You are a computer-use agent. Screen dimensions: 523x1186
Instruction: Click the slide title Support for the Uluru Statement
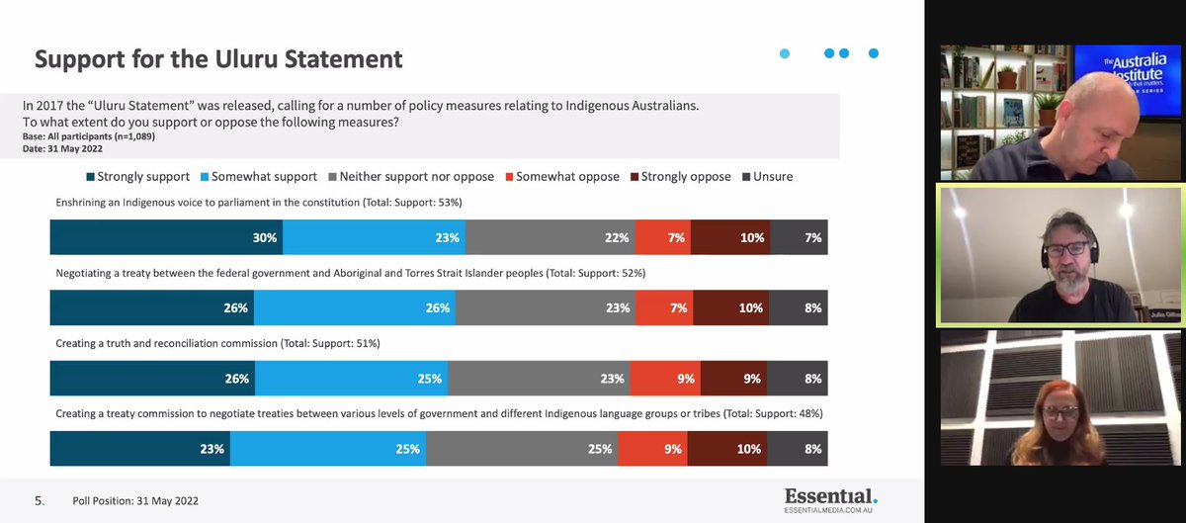click(x=218, y=59)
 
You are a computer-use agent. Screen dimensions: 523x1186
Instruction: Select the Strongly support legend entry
click(x=144, y=177)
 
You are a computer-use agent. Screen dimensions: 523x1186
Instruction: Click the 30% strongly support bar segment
click(x=166, y=238)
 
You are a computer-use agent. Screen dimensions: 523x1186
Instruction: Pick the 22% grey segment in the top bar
click(x=550, y=238)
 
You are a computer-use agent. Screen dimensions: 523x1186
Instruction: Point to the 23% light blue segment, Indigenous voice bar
click(x=374, y=238)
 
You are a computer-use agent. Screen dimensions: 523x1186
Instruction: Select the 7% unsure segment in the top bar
click(x=799, y=238)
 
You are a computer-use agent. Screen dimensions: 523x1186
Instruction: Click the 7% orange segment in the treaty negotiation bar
click(x=662, y=307)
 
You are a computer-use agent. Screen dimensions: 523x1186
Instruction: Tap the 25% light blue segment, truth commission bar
click(x=351, y=378)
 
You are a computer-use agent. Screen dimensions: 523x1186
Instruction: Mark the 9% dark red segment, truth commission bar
click(x=733, y=378)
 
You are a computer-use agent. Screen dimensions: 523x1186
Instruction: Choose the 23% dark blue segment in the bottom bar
click(x=139, y=448)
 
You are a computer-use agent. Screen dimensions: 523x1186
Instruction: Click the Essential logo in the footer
click(x=830, y=497)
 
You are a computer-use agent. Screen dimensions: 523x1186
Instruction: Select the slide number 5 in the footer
click(x=41, y=501)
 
